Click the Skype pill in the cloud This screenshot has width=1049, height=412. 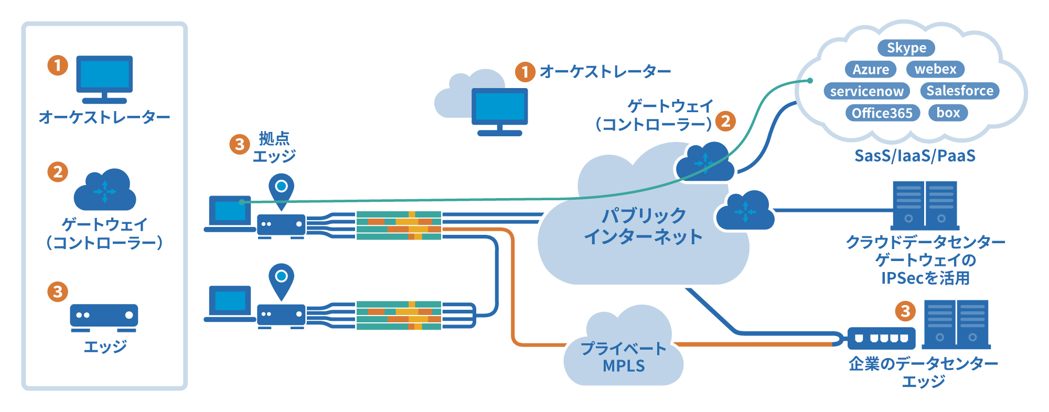(906, 48)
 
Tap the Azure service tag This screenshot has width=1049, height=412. (871, 69)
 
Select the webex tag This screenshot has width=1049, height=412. (935, 69)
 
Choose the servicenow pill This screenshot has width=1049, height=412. (866, 91)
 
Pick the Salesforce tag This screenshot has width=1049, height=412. (960, 90)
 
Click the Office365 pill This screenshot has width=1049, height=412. (882, 113)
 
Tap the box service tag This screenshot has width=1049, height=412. (948, 112)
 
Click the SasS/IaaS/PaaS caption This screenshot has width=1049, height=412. (915, 156)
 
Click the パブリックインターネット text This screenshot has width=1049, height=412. (644, 226)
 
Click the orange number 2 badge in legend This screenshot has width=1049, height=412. (58, 171)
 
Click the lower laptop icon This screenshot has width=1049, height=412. (229, 303)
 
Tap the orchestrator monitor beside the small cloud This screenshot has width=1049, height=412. (499, 110)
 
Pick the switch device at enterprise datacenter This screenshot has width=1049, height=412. (882, 338)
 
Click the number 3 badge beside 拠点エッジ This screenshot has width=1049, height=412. (240, 144)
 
